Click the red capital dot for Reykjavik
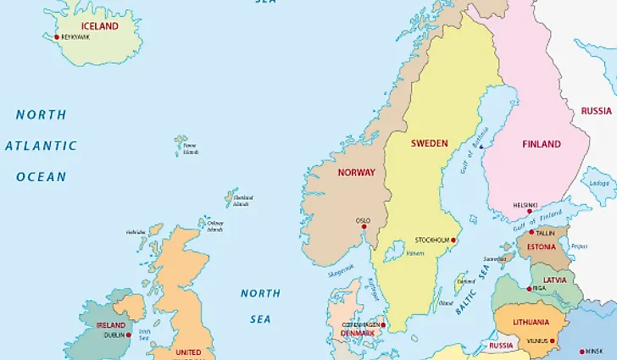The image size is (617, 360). pyautogui.click(x=57, y=36)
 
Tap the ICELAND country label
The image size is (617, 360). pyautogui.click(x=99, y=26)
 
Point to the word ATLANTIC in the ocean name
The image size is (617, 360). pyautogui.click(x=41, y=146)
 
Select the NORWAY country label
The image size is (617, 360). pyautogui.click(x=356, y=172)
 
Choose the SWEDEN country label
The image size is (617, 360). pyautogui.click(x=429, y=143)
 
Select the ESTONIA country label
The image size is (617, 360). pyautogui.click(x=541, y=248)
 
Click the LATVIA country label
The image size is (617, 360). pyautogui.click(x=555, y=280)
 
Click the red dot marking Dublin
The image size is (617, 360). pyautogui.click(x=129, y=335)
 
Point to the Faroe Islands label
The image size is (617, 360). pyautogui.click(x=190, y=149)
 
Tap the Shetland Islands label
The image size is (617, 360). pyautogui.click(x=241, y=201)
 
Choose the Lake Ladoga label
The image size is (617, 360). pyautogui.click(x=599, y=182)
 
